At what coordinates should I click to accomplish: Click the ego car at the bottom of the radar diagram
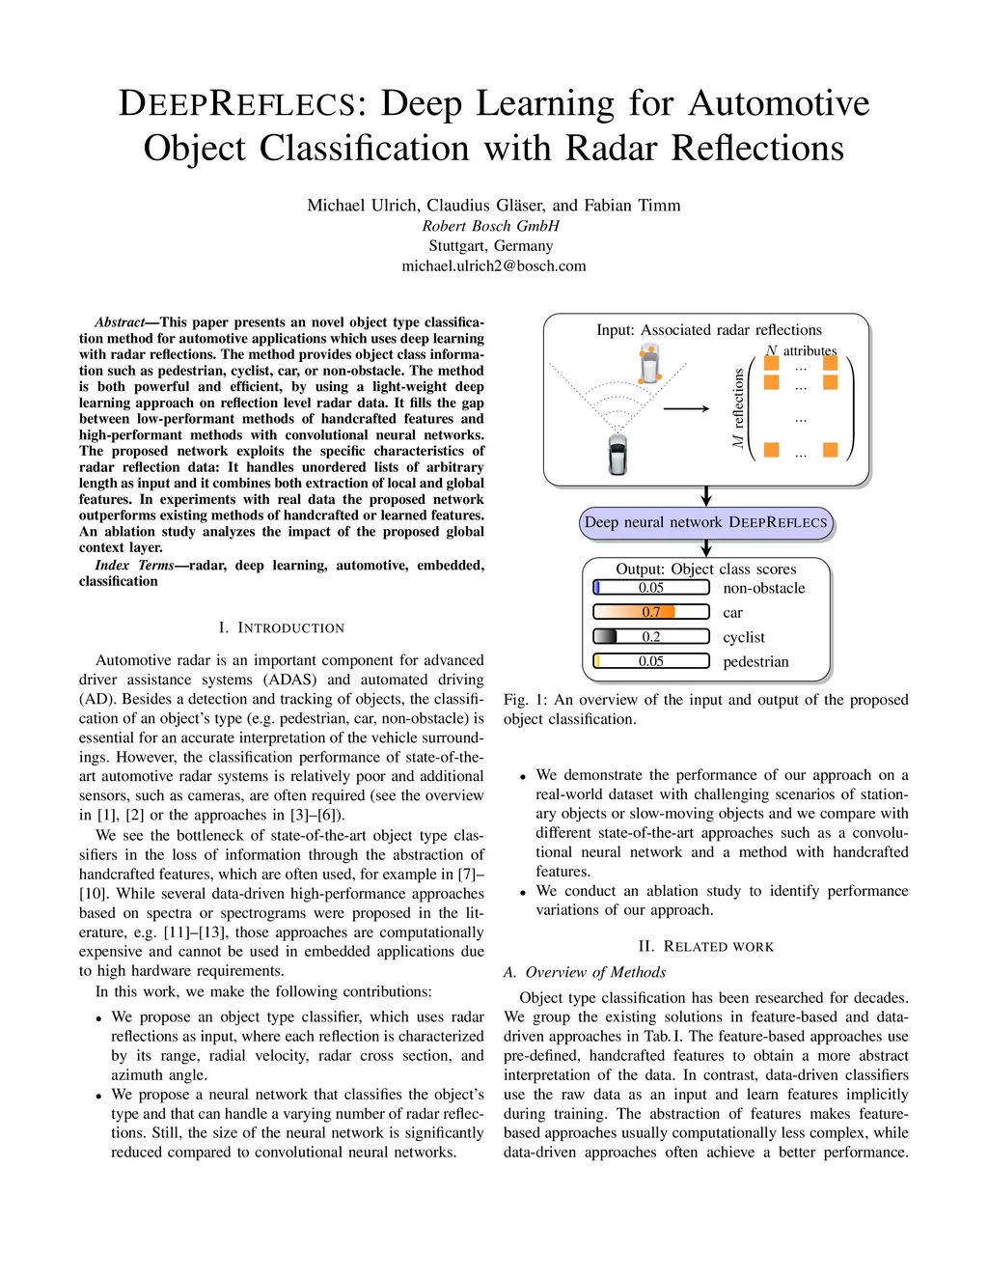(x=617, y=455)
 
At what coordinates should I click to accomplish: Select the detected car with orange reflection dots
(x=649, y=365)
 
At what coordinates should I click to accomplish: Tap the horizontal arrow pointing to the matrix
(x=686, y=408)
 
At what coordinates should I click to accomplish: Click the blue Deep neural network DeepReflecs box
(x=705, y=522)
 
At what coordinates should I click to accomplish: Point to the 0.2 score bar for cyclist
(x=650, y=637)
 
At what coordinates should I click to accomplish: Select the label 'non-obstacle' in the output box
(x=763, y=588)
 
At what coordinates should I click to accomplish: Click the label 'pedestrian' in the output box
(x=755, y=662)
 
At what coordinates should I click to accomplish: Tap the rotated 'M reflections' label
(x=738, y=407)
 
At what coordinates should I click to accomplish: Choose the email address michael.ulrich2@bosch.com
(x=493, y=265)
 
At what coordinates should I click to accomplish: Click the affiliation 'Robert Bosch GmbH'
(x=490, y=226)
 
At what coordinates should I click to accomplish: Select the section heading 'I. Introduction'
(x=281, y=627)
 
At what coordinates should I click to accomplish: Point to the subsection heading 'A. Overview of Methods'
(x=585, y=972)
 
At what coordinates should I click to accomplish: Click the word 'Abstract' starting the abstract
(x=119, y=322)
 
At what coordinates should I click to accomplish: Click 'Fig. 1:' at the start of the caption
(x=524, y=700)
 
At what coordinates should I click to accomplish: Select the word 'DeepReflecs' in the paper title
(x=237, y=103)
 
